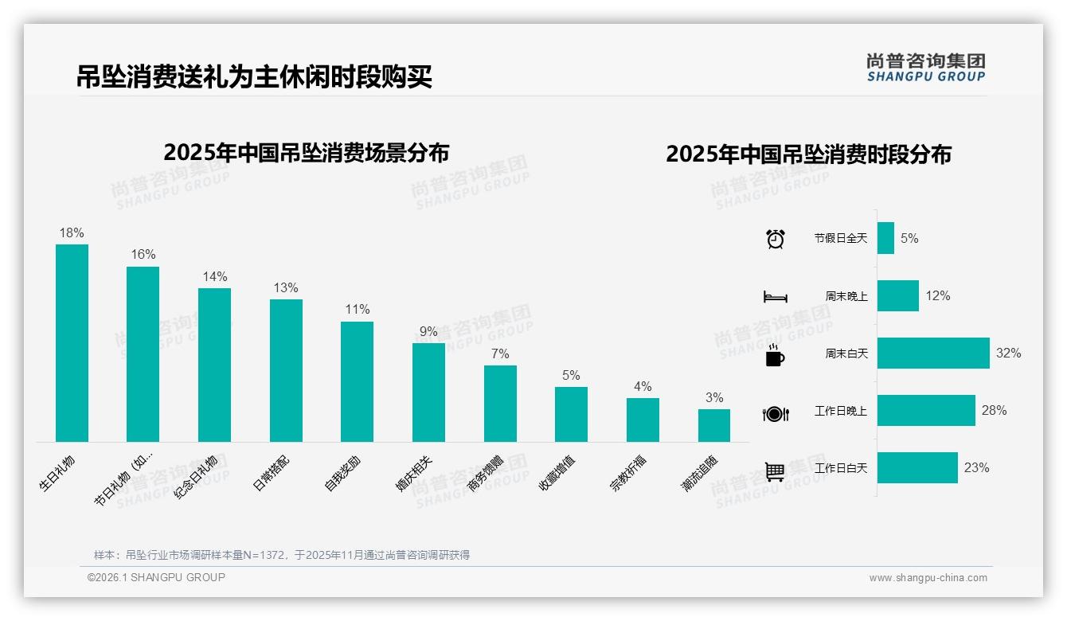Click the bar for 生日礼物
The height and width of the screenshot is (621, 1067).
(72, 342)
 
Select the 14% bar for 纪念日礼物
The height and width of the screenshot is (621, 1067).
(214, 365)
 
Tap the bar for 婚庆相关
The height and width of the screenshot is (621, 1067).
(428, 392)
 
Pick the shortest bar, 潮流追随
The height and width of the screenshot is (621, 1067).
(714, 425)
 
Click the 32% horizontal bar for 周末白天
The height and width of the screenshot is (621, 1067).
(933, 353)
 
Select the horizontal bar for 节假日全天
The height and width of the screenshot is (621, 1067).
(885, 238)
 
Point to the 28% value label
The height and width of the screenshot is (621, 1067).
(994, 411)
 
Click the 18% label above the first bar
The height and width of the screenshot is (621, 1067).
(72, 233)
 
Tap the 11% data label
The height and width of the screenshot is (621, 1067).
(357, 310)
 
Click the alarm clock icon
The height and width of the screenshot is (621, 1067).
(775, 238)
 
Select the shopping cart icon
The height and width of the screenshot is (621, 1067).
(775, 471)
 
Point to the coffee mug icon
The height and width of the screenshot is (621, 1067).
(775, 356)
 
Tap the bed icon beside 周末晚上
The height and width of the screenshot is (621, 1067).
(775, 297)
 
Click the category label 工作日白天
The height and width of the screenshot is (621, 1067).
(840, 468)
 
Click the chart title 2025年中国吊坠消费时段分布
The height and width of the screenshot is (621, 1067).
(808, 154)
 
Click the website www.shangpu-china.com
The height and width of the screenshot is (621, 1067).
(928, 578)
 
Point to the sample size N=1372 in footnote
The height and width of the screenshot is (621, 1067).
(260, 555)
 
